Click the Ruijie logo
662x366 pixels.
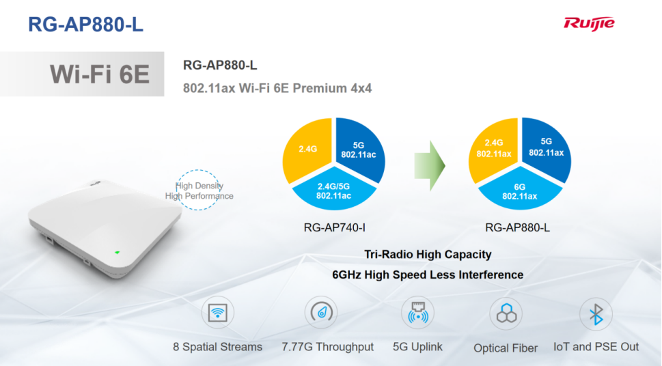[589, 24]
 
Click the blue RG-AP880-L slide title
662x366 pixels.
[85, 25]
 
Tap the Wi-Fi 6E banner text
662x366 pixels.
[100, 74]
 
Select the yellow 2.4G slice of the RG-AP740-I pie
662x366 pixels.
[307, 150]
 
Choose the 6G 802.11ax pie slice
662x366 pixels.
[520, 191]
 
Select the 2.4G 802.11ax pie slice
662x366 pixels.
[493, 150]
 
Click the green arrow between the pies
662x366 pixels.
[429, 165]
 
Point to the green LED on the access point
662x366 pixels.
[118, 253]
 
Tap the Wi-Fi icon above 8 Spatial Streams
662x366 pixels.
[217, 313]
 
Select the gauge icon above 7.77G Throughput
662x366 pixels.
[321, 313]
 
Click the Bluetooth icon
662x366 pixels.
[596, 314]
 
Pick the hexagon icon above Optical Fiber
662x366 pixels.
[506, 314]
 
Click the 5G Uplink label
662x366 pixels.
[417, 347]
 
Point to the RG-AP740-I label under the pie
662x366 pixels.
[334, 228]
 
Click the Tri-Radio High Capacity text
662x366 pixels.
[428, 255]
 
